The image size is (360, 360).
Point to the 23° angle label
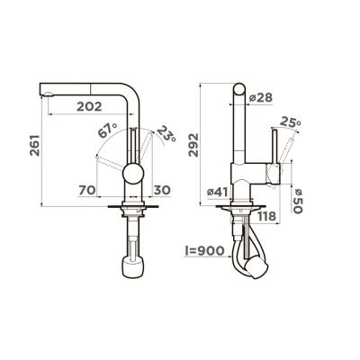165,136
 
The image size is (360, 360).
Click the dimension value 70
87,189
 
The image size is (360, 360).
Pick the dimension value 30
161,189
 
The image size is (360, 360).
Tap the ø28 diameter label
260,96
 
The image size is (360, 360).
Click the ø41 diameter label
220,190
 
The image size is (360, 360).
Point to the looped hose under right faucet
245,252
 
